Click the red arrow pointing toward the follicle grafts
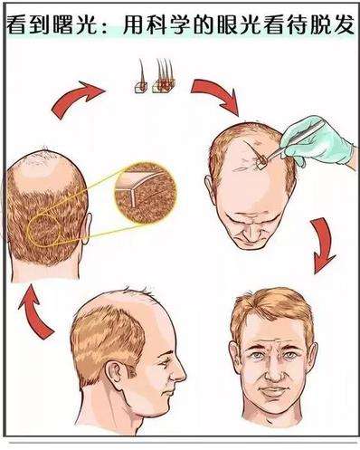coord(77,97)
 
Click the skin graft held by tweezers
coord(261,160)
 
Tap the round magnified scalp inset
coord(146,193)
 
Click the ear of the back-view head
coord(87,228)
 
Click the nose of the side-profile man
coord(179,372)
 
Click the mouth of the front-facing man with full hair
coord(273,393)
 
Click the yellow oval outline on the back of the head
coord(44,231)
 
